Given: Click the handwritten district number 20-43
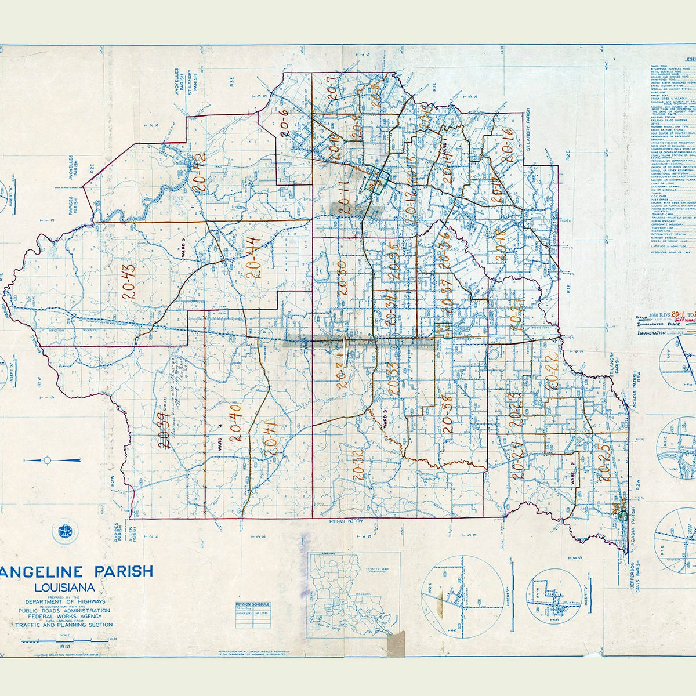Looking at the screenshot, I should (x=129, y=282).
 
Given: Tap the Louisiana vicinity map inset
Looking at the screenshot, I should (x=346, y=594).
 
